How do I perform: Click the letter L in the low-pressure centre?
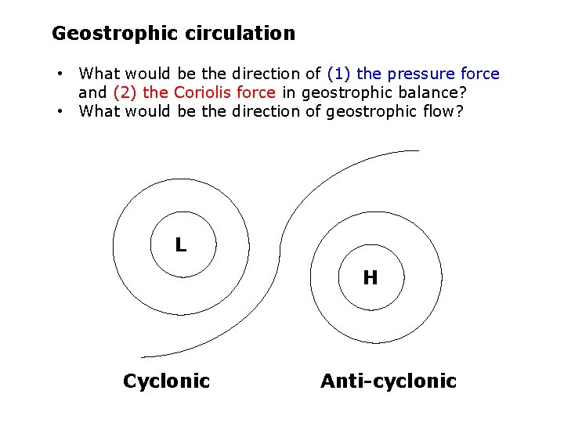point(181,245)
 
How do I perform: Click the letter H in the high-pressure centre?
point(371,277)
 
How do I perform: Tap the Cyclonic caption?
point(166,381)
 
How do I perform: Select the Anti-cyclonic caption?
point(388,381)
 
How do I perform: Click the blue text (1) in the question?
point(339,74)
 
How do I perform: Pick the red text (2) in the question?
point(127,92)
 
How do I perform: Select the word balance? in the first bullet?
point(434,92)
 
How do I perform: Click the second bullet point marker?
point(60,111)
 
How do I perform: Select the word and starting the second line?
point(92,92)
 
